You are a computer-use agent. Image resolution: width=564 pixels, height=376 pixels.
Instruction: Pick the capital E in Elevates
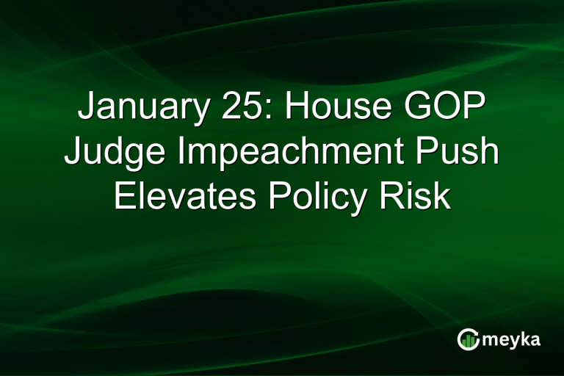(x=125, y=197)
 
